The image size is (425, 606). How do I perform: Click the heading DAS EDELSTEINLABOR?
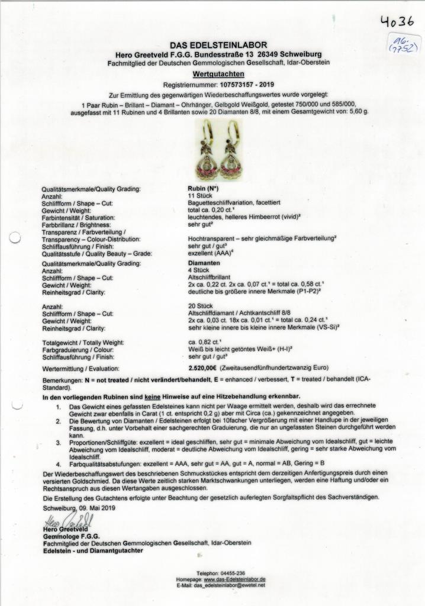tap(218, 45)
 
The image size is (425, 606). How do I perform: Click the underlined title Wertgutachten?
tap(218, 73)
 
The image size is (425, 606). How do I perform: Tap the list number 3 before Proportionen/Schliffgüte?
tap(58, 441)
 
